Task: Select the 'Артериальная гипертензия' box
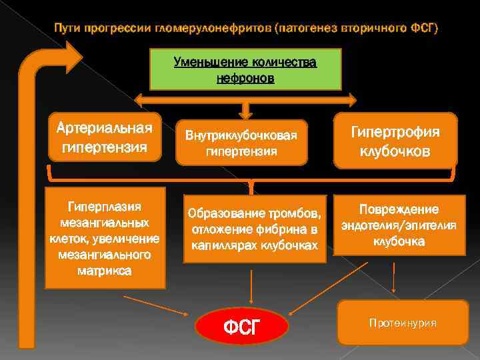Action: tap(105, 137)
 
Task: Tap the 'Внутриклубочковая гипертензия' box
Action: tap(242, 143)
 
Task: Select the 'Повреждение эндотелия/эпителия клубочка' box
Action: tap(399, 225)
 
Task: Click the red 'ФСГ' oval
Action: tap(242, 326)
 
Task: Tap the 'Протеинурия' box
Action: tap(403, 323)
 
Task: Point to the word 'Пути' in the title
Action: tap(69, 29)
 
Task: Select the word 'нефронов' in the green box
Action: tap(245, 79)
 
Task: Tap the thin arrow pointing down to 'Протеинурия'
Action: tap(395, 277)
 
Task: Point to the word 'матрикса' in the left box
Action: tap(104, 271)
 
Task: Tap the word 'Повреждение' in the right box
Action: tap(399, 209)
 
